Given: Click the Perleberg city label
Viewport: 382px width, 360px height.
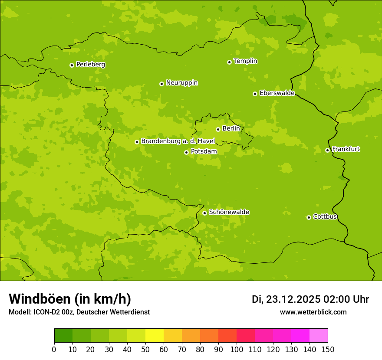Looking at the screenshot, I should (91, 65).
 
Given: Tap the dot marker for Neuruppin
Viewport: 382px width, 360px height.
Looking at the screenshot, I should (161, 84).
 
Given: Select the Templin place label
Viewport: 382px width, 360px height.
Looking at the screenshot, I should (245, 61).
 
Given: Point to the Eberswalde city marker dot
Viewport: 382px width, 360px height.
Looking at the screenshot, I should (255, 94).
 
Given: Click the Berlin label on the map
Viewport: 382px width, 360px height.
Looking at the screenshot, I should (231, 129).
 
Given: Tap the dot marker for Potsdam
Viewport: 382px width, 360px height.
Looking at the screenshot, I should (186, 152).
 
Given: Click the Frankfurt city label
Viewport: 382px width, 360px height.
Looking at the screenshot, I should (346, 149).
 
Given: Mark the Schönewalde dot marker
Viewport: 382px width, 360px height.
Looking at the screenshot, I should (204, 213).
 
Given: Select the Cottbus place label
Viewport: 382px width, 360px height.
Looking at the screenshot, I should (325, 217).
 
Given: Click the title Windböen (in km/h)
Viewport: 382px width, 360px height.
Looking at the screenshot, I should (70, 299).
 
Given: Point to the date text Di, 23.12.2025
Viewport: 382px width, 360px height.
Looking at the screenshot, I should (286, 299).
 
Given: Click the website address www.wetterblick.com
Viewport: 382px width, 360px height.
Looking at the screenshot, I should (313, 312).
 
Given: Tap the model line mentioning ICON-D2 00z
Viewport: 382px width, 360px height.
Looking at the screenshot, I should (79, 312).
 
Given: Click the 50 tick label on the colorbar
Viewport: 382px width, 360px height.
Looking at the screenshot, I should (145, 350).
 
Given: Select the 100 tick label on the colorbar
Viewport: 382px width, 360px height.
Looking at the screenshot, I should (237, 350).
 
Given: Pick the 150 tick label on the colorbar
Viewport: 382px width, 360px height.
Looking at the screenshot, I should (328, 350).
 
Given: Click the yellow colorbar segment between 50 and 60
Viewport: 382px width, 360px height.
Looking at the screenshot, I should (155, 336).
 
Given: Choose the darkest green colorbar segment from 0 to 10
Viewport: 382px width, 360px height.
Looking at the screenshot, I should (63, 336).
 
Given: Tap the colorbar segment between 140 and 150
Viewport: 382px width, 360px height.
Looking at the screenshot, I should (319, 336).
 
